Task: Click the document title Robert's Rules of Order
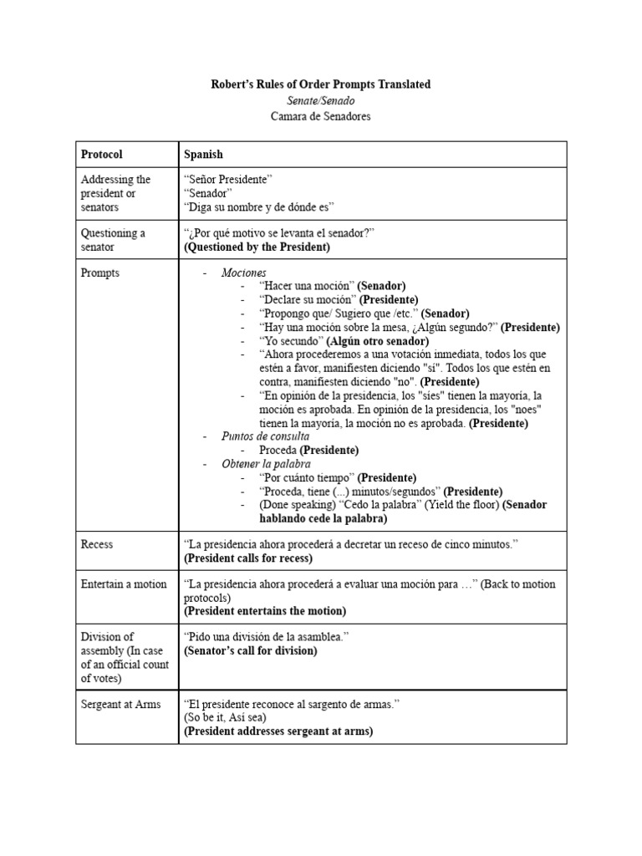320,84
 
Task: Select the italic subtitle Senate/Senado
320,100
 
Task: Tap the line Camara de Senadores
320,116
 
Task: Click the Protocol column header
101,155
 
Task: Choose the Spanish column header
203,155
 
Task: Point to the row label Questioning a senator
113,240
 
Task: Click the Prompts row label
99,273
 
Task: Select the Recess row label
97,544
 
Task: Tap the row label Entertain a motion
123,584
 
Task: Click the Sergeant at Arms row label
121,705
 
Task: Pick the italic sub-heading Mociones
244,273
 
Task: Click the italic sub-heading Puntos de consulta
265,436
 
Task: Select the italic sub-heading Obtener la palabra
266,464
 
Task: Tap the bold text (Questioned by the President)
257,247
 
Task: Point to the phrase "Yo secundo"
290,341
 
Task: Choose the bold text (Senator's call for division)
251,650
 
